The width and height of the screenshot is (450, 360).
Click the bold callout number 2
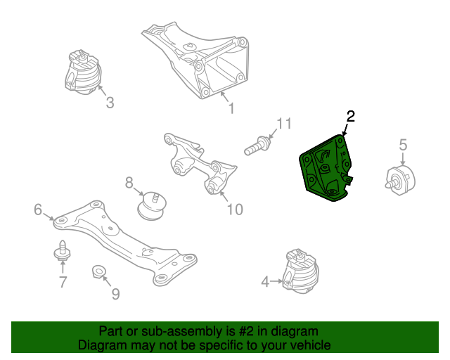[x=350, y=116]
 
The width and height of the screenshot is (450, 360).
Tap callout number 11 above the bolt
[x=284, y=124]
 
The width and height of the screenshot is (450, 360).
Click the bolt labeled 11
[x=257, y=146]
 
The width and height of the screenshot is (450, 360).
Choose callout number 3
[x=110, y=103]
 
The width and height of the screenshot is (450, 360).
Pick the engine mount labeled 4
[x=300, y=271]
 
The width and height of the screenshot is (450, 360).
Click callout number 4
[x=265, y=281]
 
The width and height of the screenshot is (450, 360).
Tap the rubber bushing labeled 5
[x=400, y=180]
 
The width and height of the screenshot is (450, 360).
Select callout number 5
[x=403, y=144]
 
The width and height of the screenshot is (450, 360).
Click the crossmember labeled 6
[x=125, y=243]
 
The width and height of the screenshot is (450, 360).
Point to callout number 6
[x=38, y=210]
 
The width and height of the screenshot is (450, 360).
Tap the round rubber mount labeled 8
[x=151, y=206]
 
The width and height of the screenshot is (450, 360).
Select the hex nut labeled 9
[x=99, y=271]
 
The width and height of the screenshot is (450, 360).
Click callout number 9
[x=115, y=294]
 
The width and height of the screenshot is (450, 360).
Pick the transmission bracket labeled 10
[x=200, y=163]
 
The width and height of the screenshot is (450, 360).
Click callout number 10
[x=235, y=210]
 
